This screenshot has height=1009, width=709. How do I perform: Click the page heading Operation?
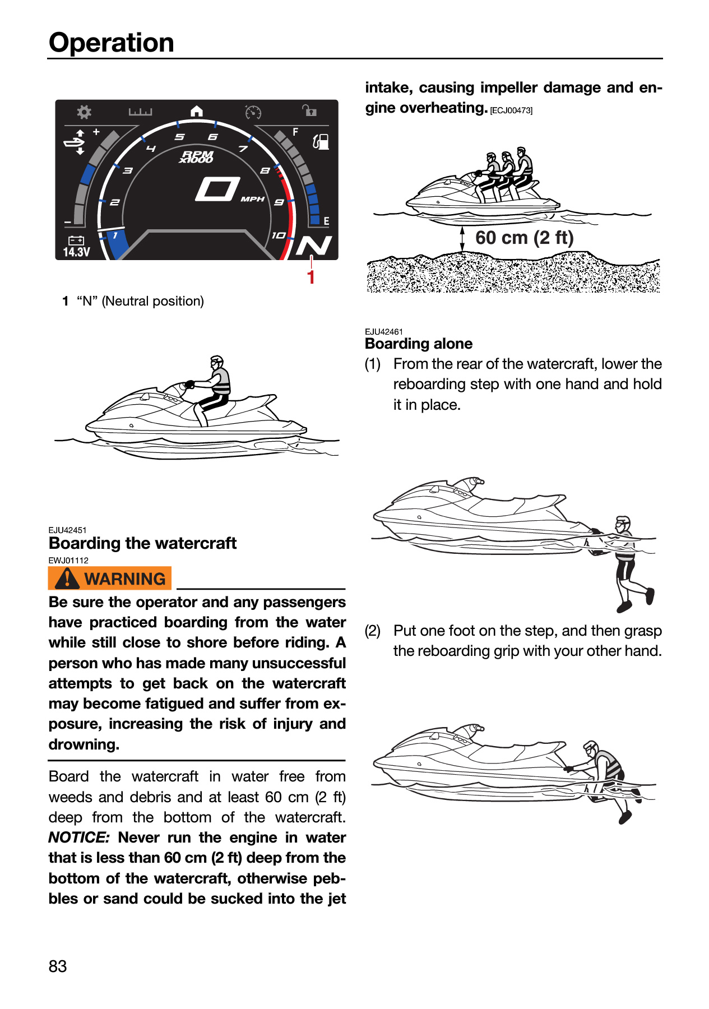(112, 43)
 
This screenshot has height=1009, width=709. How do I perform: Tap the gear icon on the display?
(84, 112)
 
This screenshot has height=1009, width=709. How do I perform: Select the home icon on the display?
(197, 111)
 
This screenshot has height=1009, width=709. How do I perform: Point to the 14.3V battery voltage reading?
(76, 252)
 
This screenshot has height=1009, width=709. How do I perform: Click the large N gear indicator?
(314, 246)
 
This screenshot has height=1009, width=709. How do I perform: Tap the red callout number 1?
(311, 277)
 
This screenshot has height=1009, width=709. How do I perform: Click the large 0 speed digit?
(217, 189)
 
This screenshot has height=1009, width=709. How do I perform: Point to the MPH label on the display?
(253, 199)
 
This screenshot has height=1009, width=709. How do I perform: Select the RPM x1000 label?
(197, 156)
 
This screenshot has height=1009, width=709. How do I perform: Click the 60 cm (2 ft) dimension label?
(525, 238)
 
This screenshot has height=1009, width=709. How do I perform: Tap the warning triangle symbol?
(67, 578)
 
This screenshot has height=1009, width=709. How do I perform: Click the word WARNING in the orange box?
(125, 578)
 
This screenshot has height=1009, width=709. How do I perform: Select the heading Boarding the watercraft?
(143, 543)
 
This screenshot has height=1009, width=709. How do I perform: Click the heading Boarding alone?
(419, 344)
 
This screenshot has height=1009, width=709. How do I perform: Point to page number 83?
(58, 966)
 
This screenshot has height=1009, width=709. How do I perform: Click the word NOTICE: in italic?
(79, 837)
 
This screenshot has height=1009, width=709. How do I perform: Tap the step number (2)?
(373, 631)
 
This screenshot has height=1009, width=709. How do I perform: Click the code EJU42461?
(384, 332)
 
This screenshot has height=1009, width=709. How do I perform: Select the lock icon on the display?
(309, 110)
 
